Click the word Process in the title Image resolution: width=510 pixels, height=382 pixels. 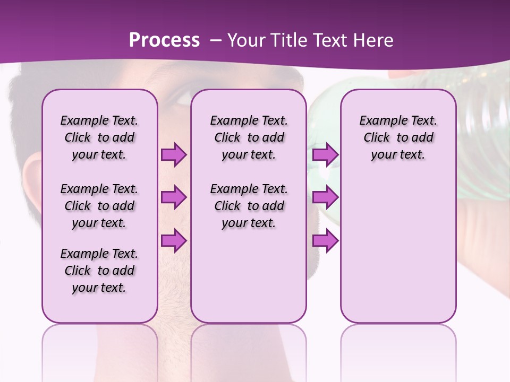click(164, 40)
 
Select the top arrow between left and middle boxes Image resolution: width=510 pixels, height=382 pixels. click(174, 154)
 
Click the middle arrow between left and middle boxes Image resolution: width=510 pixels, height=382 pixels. click(174, 197)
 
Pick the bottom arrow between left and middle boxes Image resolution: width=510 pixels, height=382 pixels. click(174, 240)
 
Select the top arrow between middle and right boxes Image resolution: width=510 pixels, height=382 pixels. click(325, 154)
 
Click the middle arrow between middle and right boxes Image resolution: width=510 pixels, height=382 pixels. click(325, 197)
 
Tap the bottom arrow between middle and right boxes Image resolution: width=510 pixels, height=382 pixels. click(325, 240)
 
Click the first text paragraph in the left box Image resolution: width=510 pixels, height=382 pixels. click(99, 137)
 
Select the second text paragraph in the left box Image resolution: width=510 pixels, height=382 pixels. click(99, 206)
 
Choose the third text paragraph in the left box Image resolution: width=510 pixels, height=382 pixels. click(99, 271)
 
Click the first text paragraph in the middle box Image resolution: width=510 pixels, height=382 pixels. click(249, 137)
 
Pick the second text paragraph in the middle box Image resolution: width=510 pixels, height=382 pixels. click(249, 206)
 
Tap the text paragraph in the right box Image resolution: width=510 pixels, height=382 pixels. click(398, 137)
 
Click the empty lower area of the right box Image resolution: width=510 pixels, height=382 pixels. click(398, 255)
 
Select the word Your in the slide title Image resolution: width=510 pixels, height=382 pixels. click(246, 40)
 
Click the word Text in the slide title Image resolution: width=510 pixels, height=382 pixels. click(328, 40)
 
